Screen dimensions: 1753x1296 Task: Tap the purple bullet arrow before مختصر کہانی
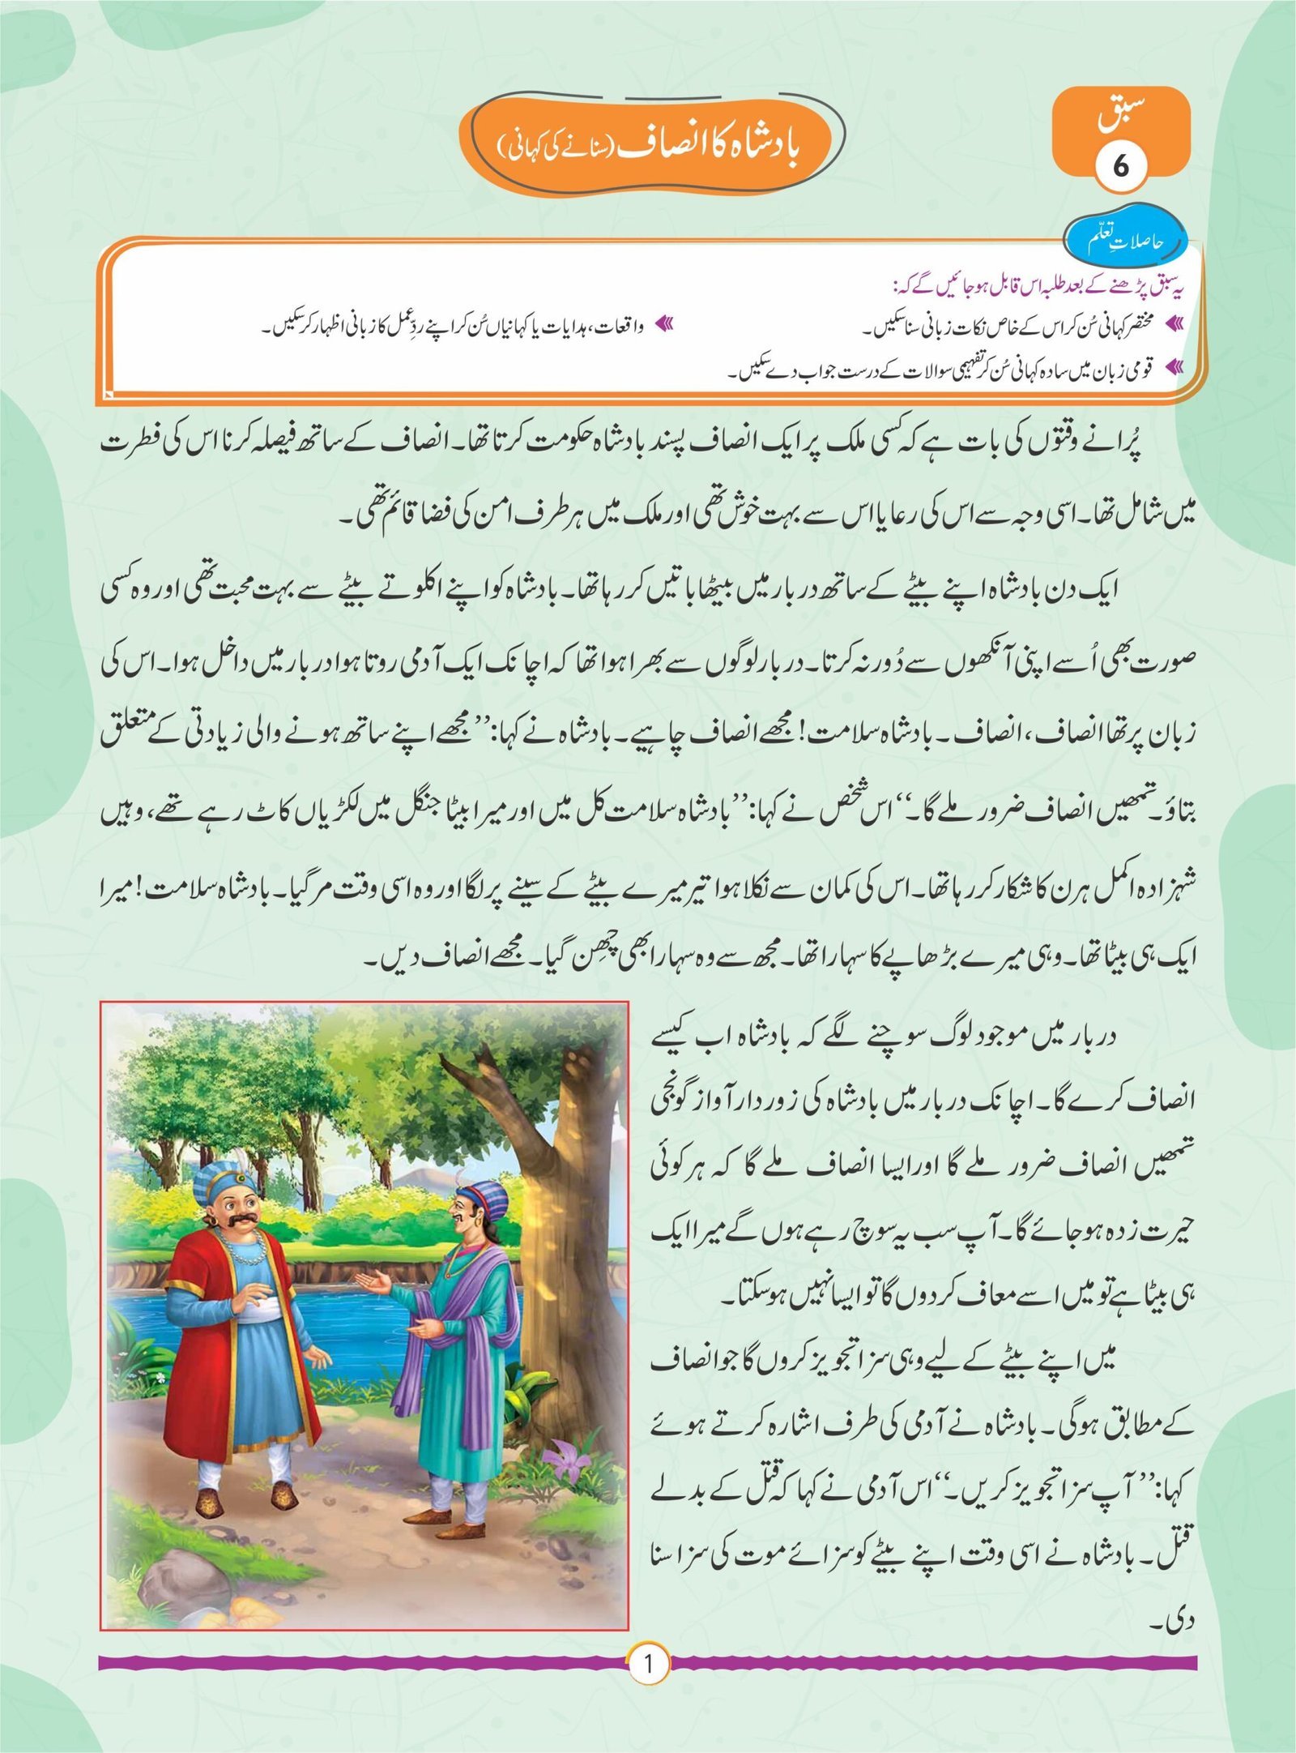tap(1172, 324)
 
